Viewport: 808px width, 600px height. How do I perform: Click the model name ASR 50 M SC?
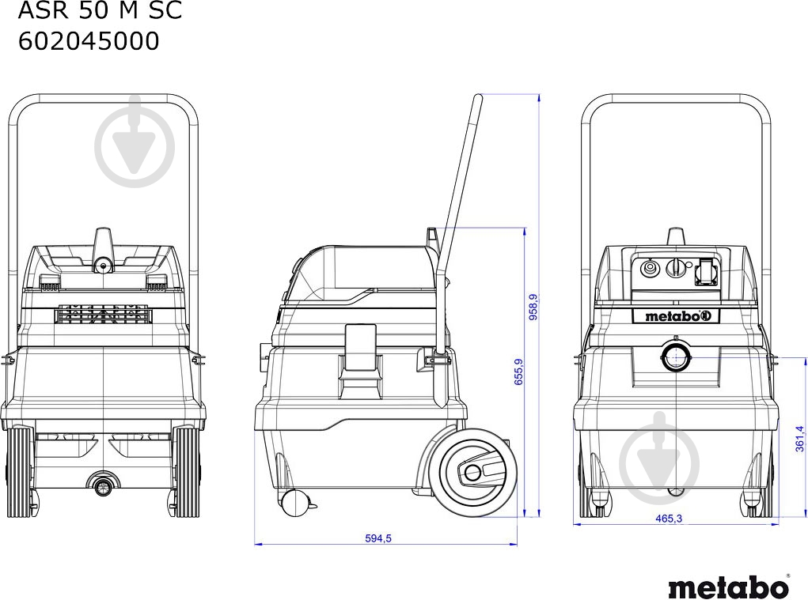[100, 10]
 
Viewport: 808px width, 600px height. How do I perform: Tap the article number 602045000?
[89, 41]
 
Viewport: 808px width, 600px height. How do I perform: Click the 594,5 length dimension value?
[378, 538]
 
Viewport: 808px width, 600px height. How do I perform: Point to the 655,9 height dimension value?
[518, 372]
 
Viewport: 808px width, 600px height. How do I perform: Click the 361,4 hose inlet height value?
[799, 439]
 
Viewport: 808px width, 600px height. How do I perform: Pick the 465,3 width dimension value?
[669, 519]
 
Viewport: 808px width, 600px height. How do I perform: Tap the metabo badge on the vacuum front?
[676, 316]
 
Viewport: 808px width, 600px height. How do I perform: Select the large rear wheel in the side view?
[477, 471]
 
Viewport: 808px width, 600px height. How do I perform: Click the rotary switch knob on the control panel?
[674, 267]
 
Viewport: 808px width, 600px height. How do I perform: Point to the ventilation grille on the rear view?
[104, 314]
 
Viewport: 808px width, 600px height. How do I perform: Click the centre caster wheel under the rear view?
[103, 484]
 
